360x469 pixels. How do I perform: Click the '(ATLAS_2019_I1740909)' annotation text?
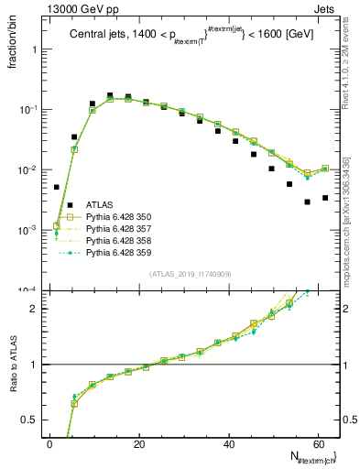point(191,275)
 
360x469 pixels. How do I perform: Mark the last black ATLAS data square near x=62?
point(325,198)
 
